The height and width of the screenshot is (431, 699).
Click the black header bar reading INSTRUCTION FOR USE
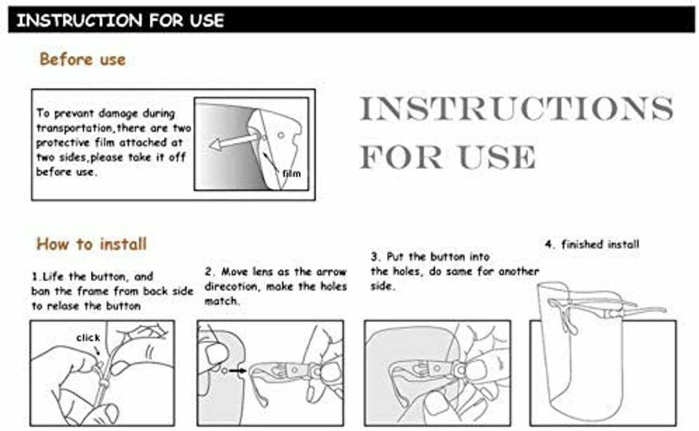(351, 20)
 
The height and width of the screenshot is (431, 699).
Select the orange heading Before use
(83, 59)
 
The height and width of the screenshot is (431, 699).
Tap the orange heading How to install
(91, 244)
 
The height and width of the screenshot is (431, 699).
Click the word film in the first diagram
(291, 174)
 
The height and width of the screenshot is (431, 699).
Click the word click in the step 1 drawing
(88, 337)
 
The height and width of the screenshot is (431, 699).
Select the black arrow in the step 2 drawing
(238, 370)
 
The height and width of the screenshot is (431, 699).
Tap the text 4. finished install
(592, 244)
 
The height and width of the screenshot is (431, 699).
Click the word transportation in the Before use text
(74, 128)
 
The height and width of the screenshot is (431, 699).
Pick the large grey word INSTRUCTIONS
(516, 109)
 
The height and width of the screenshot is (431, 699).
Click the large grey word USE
(497, 157)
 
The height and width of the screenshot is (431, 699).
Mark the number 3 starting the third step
(375, 257)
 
